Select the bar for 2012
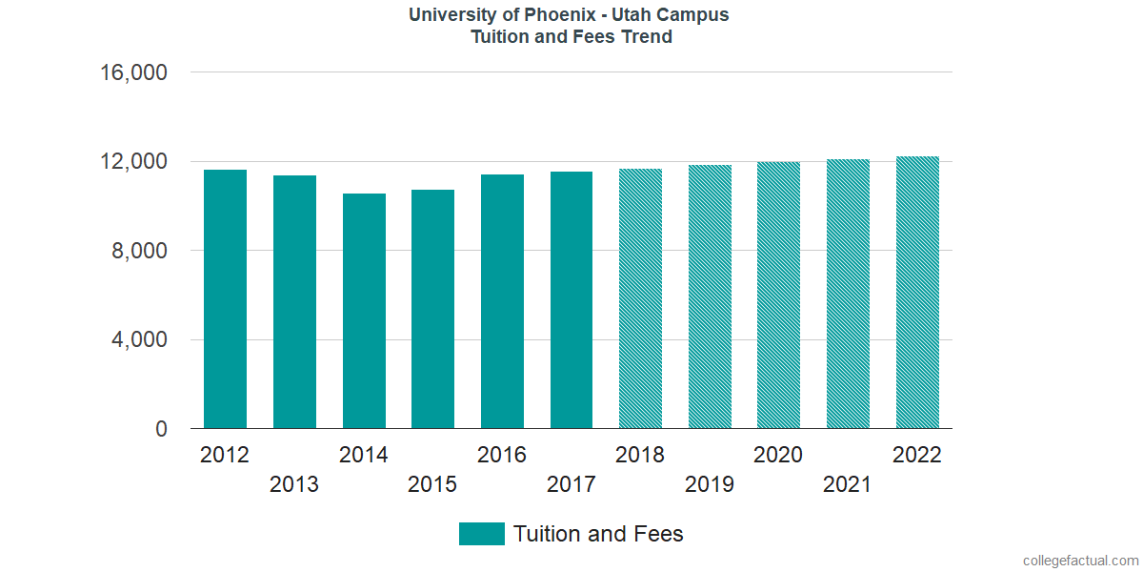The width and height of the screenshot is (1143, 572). (x=225, y=299)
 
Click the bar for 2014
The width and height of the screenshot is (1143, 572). (x=364, y=311)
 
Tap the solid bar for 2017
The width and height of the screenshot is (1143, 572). (x=571, y=300)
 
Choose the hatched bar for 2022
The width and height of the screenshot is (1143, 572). (x=917, y=293)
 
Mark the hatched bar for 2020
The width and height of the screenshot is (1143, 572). (x=778, y=296)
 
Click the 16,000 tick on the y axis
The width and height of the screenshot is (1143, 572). (x=133, y=72)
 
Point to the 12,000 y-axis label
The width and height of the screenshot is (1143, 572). (x=133, y=162)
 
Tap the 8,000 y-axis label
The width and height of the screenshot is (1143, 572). (x=140, y=251)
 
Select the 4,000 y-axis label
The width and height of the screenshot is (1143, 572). (x=140, y=340)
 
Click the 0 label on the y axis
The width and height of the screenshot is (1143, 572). (x=161, y=430)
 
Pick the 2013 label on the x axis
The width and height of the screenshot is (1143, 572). (x=294, y=484)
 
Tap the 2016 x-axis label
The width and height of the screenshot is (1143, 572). (x=502, y=455)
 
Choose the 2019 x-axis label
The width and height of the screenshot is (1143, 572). (x=710, y=484)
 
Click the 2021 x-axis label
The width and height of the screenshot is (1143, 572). (x=848, y=484)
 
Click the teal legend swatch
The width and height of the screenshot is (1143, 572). (x=481, y=534)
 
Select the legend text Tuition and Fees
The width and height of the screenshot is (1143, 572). (x=598, y=534)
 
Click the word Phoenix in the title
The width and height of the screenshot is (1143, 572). (x=561, y=15)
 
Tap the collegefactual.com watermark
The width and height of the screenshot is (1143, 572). (x=1080, y=561)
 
